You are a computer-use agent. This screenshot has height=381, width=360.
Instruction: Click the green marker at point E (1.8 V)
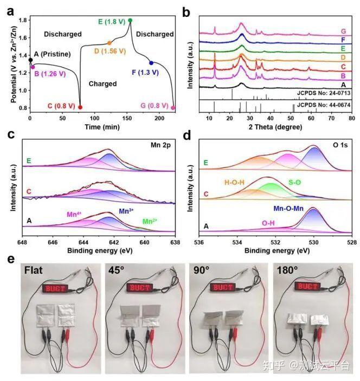click(130, 21)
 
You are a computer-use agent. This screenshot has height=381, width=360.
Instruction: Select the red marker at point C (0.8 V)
click(80, 107)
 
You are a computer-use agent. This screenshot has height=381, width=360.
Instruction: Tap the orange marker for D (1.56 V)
click(109, 43)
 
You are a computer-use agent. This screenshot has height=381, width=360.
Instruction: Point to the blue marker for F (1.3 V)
click(151, 63)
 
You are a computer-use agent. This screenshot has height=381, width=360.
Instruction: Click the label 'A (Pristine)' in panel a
click(55, 54)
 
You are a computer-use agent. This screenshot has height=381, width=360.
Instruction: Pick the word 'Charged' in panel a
click(102, 84)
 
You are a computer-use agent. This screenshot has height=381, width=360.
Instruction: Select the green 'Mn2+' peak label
click(150, 221)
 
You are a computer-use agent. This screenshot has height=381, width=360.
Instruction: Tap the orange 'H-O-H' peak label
click(227, 183)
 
